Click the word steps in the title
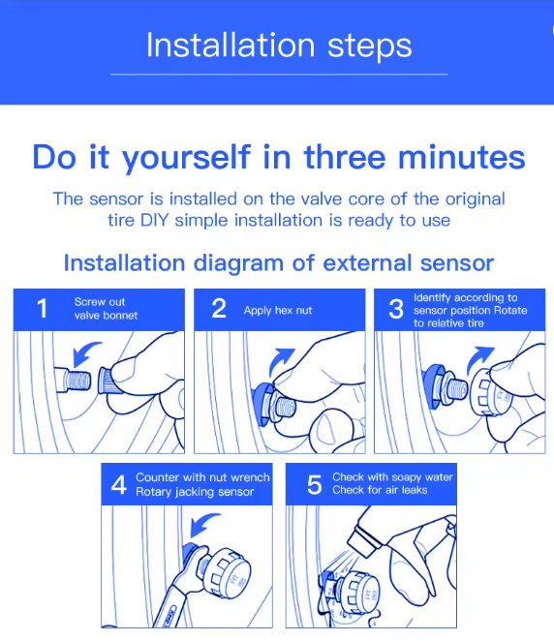pyautogui.click(x=369, y=46)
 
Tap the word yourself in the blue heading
pyautogui.click(x=186, y=158)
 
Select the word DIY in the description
pyautogui.click(x=155, y=221)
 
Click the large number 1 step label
pyautogui.click(x=42, y=308)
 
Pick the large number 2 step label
pyautogui.click(x=219, y=308)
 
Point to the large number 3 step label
pyautogui.click(x=396, y=309)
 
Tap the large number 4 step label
pyautogui.click(x=118, y=485)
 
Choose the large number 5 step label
pyautogui.click(x=315, y=485)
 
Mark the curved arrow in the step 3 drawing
pyautogui.click(x=478, y=358)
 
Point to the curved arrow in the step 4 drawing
pyautogui.click(x=203, y=525)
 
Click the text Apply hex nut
pyautogui.click(x=278, y=311)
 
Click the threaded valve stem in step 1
pyautogui.click(x=74, y=381)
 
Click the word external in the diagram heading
pyautogui.click(x=367, y=262)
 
